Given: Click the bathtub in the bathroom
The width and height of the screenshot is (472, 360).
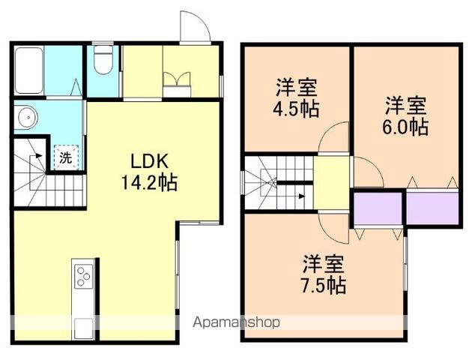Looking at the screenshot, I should (x=29, y=70).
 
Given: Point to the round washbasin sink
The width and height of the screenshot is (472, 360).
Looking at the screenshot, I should (x=27, y=117).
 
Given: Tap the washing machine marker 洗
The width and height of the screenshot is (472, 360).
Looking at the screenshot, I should (x=65, y=157).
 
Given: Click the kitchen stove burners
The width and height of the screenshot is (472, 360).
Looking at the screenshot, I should (x=82, y=278).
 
